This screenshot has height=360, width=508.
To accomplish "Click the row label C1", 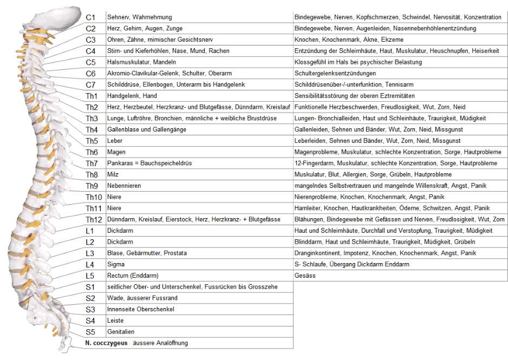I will [90, 17].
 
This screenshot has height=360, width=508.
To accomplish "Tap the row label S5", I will [90, 332].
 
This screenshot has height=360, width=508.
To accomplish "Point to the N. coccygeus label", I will [106, 343].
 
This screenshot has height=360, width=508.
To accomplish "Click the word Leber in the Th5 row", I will [115, 141].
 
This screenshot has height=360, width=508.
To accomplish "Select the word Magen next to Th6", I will [116, 152].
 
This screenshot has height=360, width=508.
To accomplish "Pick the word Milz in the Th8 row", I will [113, 175].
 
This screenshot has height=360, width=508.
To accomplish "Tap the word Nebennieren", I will [124, 186].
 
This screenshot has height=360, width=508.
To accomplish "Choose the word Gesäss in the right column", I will [305, 276].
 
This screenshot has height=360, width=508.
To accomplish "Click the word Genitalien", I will [121, 332].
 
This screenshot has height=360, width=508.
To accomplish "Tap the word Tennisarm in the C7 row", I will [400, 84].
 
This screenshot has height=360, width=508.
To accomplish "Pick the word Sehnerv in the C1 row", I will [119, 17].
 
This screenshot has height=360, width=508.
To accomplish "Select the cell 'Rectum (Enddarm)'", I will [133, 276].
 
